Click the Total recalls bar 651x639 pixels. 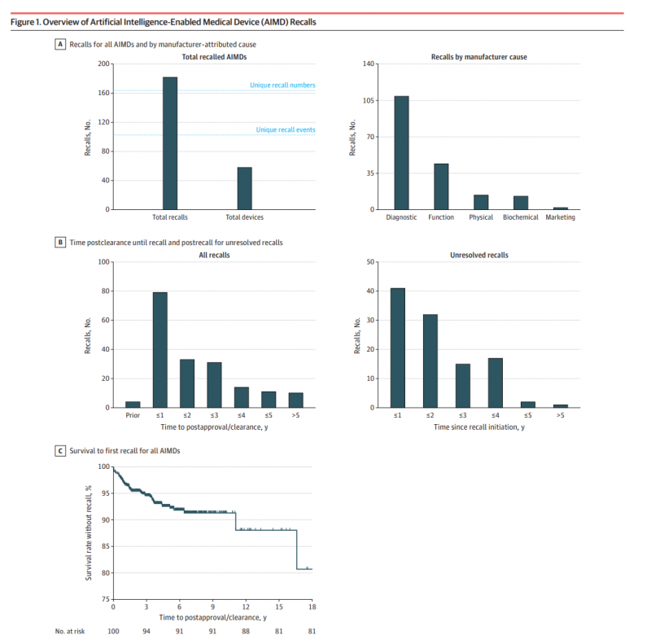[170, 143]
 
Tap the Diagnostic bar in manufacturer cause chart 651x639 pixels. [401, 153]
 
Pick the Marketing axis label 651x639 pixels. [560, 217]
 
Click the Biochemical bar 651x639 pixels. [521, 203]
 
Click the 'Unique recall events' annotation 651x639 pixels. [286, 129]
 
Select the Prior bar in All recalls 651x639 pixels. [133, 405]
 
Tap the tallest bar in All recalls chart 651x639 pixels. [160, 350]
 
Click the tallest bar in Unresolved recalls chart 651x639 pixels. [398, 348]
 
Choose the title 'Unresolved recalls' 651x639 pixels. [479, 255]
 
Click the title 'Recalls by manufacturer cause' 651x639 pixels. [479, 57]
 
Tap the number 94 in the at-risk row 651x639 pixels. [146, 631]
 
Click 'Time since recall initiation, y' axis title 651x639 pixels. [479, 427]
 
